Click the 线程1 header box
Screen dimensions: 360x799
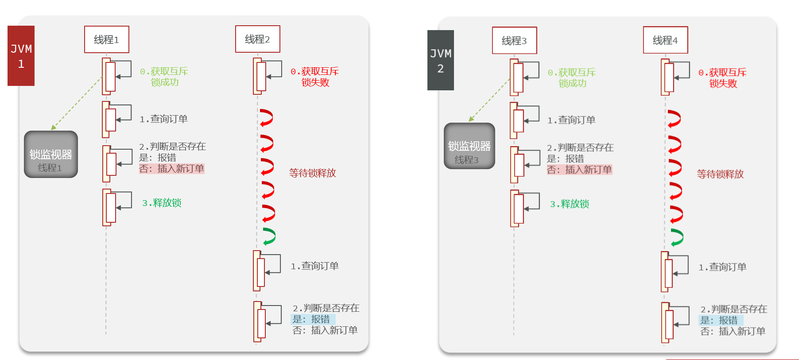pos(107,39)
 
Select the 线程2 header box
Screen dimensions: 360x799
pos(257,39)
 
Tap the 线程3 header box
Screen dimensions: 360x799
pos(514,40)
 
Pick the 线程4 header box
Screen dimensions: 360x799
pos(665,40)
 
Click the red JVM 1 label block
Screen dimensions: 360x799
pos(21,56)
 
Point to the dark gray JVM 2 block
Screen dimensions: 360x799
pos(440,60)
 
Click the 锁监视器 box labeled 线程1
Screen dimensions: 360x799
pos(51,155)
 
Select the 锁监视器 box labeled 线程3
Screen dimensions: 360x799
pos(469,146)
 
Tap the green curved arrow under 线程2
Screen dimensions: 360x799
pos(269,236)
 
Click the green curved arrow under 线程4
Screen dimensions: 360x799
pos(677,237)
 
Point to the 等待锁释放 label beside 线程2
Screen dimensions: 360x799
pos(312,173)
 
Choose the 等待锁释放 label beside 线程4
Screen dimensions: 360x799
pos(720,174)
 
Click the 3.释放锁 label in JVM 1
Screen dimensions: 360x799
pos(162,203)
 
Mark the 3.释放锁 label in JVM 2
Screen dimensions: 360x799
pos(570,204)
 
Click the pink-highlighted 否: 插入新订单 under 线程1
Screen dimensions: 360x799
pos(171,169)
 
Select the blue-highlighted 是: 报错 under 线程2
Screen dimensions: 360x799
pos(312,319)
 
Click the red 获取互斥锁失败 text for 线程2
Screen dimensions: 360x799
pos(314,77)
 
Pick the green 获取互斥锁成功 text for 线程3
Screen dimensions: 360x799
pos(572,77)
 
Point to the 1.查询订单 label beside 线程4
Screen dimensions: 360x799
pos(722,267)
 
